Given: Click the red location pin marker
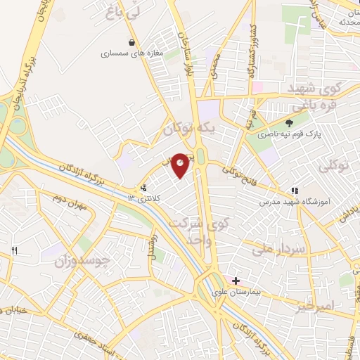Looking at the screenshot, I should click(181, 165).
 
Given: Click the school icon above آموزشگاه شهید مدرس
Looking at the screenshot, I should click(295, 191).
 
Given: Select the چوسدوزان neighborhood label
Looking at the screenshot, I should click(82, 262).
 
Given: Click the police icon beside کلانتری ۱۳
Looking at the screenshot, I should click(144, 188).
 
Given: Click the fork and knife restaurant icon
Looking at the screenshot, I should click(14, 250).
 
